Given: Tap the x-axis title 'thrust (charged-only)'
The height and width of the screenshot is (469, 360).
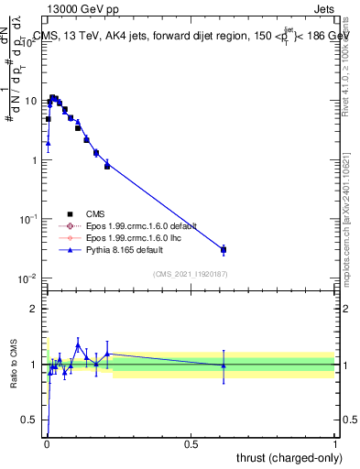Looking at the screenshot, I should click(x=281, y=457).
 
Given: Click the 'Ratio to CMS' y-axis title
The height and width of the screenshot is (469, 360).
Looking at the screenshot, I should click(x=13, y=365).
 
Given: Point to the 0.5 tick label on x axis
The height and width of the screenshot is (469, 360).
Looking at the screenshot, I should click(x=191, y=443).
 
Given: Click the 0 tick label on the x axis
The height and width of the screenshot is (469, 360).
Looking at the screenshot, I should click(x=47, y=443).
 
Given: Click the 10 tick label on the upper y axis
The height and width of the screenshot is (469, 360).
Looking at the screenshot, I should click(x=30, y=101).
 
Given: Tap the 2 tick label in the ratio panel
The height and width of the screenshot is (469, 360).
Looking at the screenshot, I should click(x=36, y=309).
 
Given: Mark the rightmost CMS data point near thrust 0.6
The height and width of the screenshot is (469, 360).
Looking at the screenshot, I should click(x=224, y=249).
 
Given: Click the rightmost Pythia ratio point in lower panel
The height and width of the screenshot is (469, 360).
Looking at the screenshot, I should click(x=224, y=365).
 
